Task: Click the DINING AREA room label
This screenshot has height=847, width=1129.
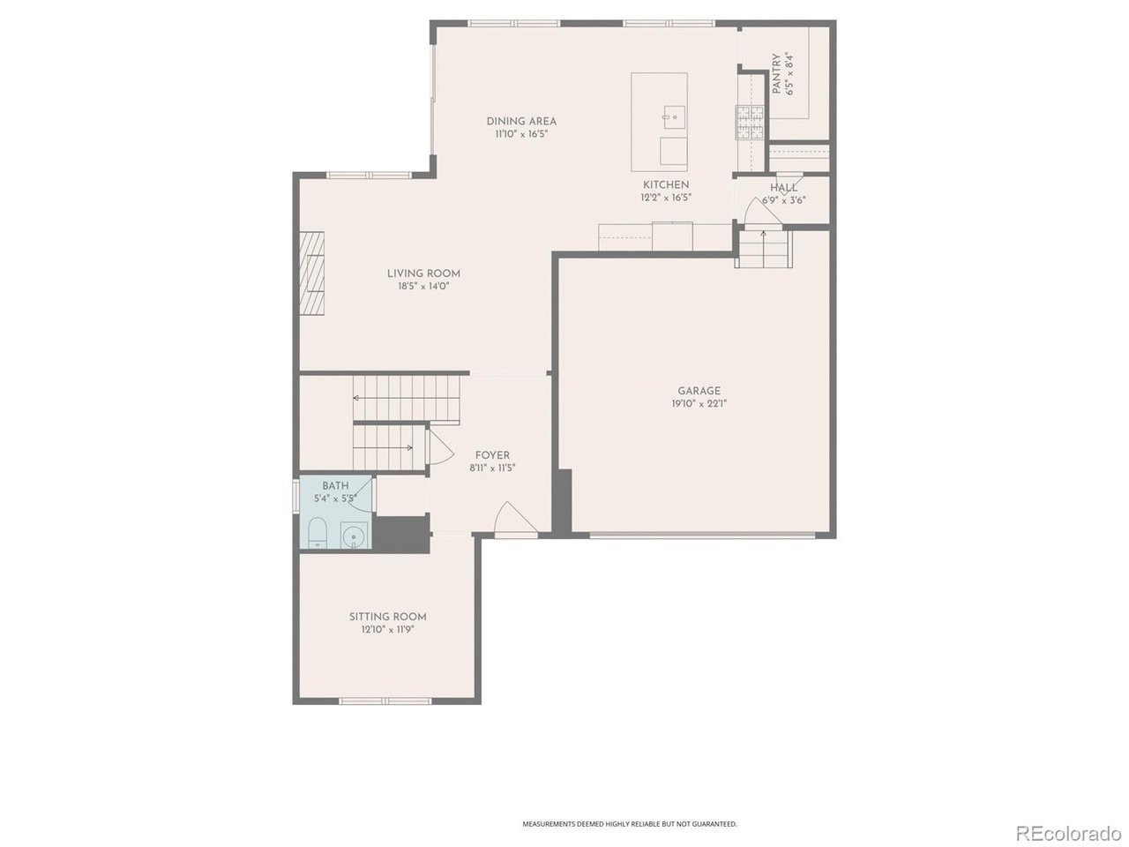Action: (521, 122)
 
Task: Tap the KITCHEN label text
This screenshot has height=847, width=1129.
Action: (666, 184)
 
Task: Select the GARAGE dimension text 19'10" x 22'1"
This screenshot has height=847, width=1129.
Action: (699, 404)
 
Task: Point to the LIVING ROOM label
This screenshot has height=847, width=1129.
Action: (423, 274)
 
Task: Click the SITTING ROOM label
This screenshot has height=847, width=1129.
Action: (387, 617)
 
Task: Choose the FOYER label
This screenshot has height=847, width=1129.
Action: (492, 455)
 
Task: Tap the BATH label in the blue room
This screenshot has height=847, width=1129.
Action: (335, 486)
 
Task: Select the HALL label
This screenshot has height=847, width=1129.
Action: (783, 188)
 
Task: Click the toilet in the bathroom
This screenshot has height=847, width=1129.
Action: (318, 532)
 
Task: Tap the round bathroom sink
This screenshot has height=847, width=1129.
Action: (354, 536)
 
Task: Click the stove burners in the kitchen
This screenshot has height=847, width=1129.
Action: (750, 122)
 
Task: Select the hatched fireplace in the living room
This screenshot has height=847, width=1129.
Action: (312, 274)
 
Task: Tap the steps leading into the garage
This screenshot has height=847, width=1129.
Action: (763, 250)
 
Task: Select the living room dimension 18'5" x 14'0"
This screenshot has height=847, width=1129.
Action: (423, 287)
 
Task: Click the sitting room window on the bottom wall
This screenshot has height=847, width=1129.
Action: (385, 701)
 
